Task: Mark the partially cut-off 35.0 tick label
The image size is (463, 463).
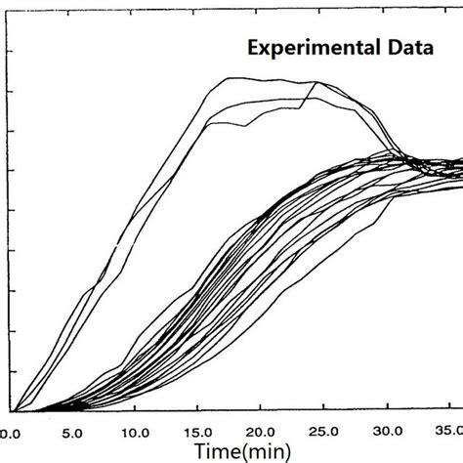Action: point(448,431)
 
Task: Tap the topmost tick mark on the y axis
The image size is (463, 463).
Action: point(15,52)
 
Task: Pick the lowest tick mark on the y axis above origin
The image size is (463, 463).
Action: point(15,371)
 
